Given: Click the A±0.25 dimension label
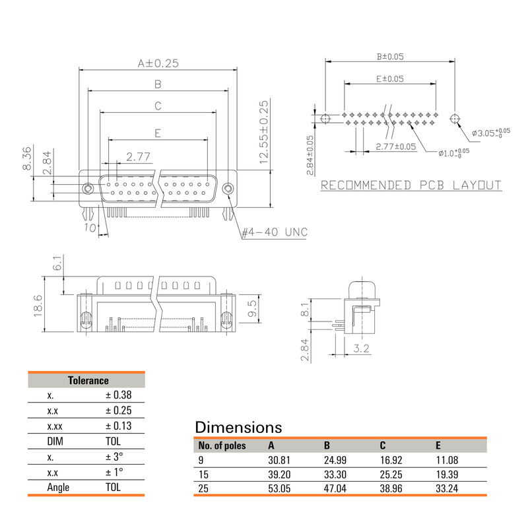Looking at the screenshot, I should [x=158, y=63].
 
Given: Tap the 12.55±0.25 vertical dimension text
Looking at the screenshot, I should [x=264, y=132].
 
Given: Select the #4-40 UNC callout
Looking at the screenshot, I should [x=274, y=232].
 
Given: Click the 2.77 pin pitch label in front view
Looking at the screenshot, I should [x=139, y=157].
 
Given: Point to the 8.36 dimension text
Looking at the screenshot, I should [x=27, y=158].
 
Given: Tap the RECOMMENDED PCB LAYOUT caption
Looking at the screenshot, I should [x=411, y=185].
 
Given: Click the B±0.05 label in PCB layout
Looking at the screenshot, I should [x=389, y=57].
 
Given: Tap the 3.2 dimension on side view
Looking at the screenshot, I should [x=360, y=348].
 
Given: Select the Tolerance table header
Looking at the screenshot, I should [x=88, y=380].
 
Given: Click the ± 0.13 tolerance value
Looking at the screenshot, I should [x=118, y=426].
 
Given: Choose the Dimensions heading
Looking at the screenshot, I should [x=238, y=427].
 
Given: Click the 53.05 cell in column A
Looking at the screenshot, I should [x=279, y=489].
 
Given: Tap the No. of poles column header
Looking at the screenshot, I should [x=222, y=445].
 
